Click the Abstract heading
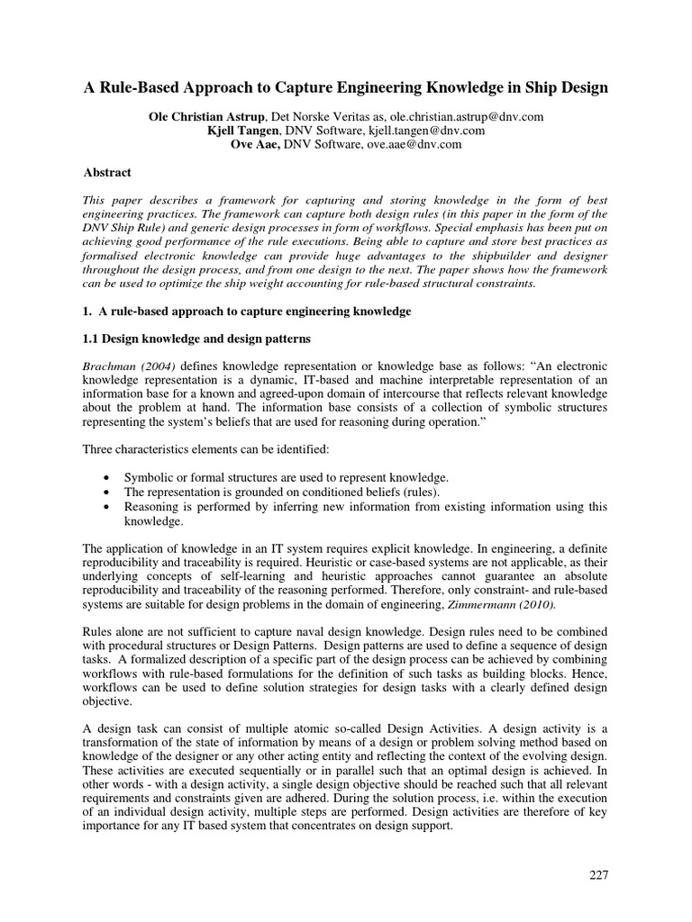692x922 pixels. (107, 172)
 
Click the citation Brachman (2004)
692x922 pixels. (125, 367)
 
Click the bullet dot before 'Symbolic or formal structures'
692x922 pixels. (108, 477)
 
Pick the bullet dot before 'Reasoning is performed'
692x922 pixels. (108, 507)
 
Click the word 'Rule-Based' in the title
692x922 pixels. (136, 88)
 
